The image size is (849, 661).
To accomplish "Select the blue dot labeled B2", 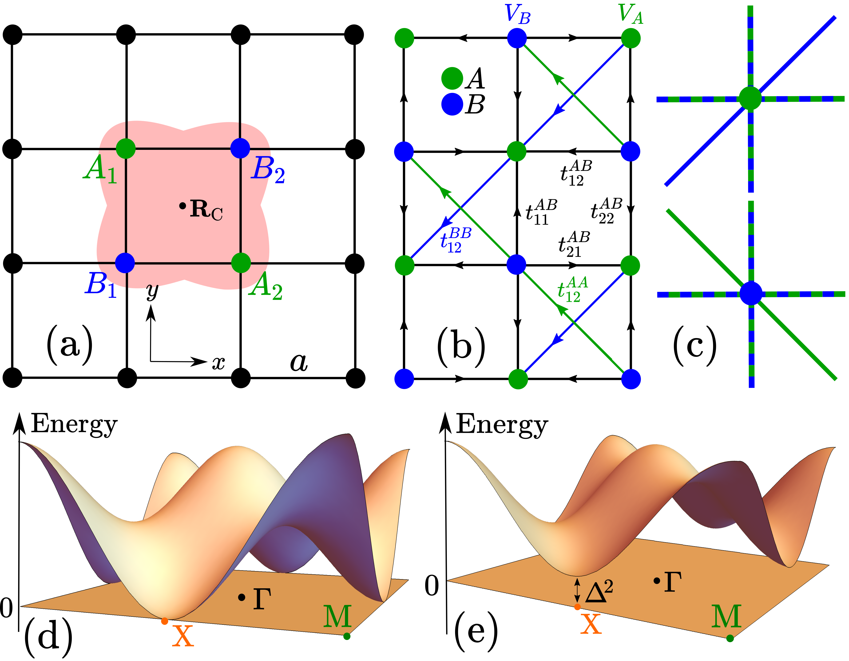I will [x=240, y=148].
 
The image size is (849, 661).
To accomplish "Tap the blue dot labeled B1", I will [x=125, y=263].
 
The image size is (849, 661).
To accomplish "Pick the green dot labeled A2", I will [x=241, y=263].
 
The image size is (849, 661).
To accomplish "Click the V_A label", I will [x=631, y=15].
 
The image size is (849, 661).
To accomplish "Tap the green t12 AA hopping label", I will [x=572, y=290].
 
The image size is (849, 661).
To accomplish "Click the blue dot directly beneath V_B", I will [x=517, y=38].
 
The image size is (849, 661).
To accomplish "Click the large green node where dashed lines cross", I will [x=750, y=98].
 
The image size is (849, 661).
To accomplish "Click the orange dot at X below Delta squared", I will [x=578, y=607].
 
